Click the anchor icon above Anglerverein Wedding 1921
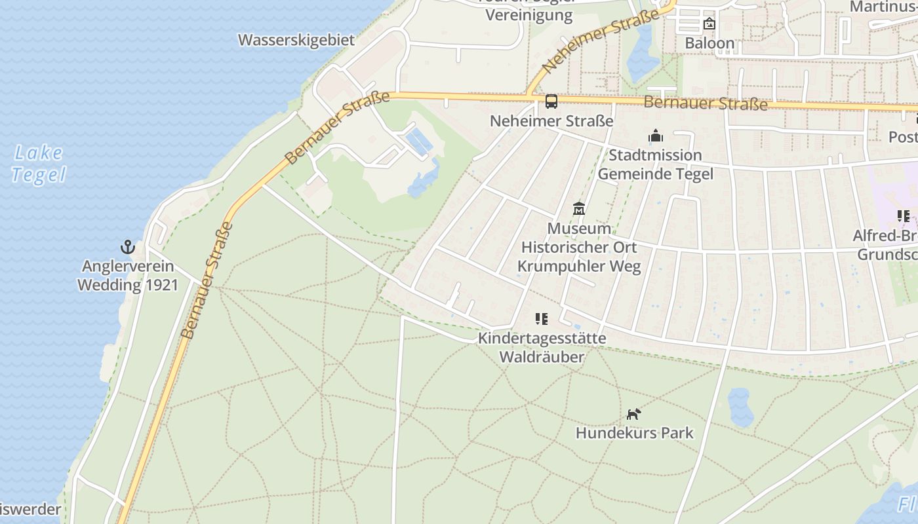tap(128, 247)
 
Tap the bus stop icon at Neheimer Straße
tap(551, 102)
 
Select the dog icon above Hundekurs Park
tap(633, 414)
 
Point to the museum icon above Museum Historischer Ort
tap(579, 209)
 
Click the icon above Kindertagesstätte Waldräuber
tap(542, 319)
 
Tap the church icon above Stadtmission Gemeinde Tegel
tap(655, 136)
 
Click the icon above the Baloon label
tap(709, 24)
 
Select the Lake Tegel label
tap(39, 164)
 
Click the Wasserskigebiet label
tap(296, 40)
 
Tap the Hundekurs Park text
tap(634, 433)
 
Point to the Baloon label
tap(709, 44)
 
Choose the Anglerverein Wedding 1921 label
tap(128, 276)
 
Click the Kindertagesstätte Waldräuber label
tap(542, 348)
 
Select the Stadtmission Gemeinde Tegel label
tap(655, 164)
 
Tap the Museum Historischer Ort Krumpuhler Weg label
tap(579, 248)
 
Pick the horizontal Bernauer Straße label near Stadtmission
tap(705, 103)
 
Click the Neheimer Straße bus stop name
tap(551, 121)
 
